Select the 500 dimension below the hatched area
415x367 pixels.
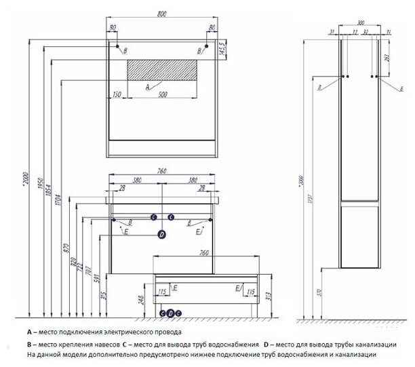coord(163,95)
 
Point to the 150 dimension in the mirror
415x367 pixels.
coord(117,95)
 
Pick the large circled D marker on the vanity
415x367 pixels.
coord(161,234)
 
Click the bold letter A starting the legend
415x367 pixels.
coord(30,332)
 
